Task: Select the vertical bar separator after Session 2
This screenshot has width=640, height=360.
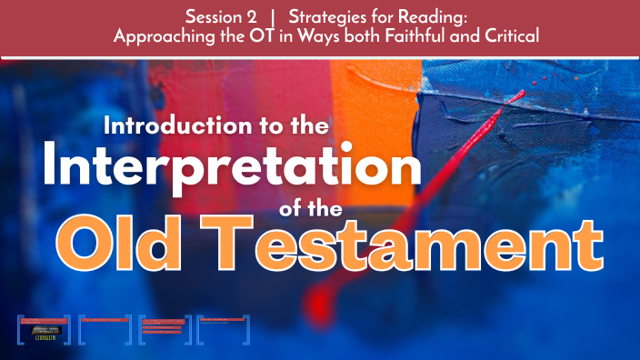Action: [x=274, y=16]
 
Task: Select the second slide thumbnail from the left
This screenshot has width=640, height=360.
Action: [x=105, y=328]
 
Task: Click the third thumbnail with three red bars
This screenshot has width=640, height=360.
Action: [x=165, y=328]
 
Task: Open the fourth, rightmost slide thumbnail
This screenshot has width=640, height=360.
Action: [x=225, y=328]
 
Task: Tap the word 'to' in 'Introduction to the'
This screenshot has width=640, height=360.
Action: [x=264, y=125]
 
